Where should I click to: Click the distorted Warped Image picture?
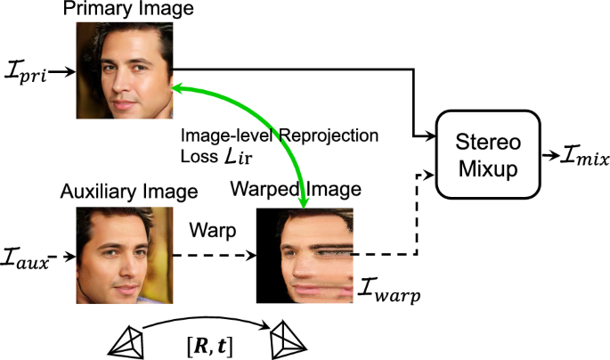pos(305,255)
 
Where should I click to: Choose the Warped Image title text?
pos(296,189)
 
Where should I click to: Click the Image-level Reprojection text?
pos(281,135)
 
